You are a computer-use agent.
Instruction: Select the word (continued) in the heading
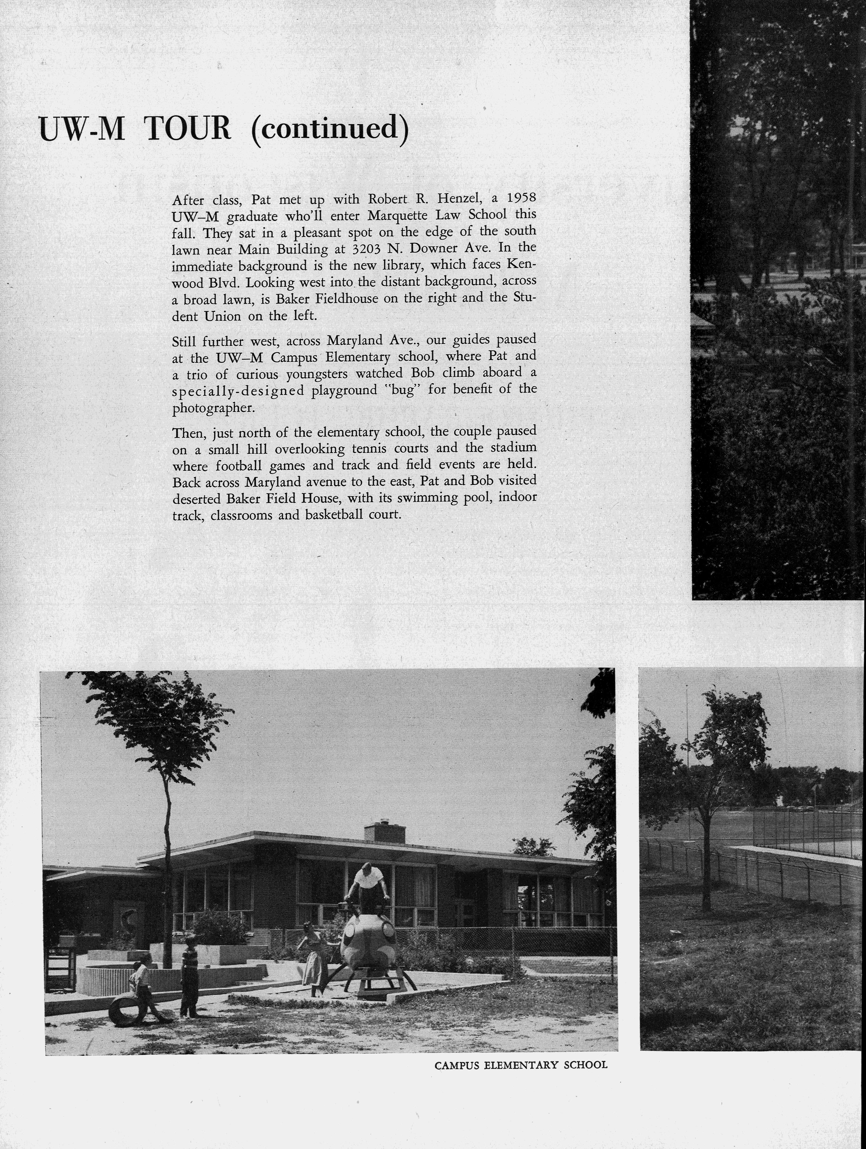tap(329, 129)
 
